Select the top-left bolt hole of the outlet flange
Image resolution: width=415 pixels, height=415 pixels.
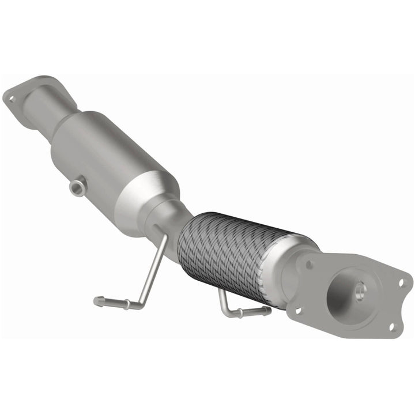tap(310, 265)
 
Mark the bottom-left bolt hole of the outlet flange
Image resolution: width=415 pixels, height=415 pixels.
tap(298, 310)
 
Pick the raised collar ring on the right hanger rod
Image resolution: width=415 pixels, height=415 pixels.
tap(241, 314)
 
